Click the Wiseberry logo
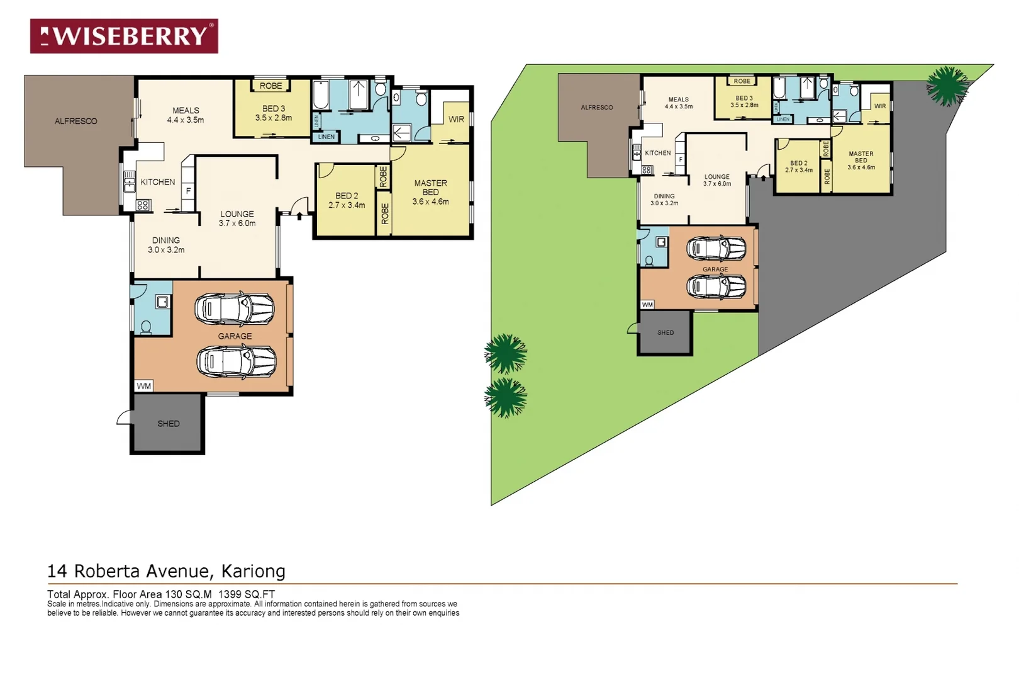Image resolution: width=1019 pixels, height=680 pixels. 124,36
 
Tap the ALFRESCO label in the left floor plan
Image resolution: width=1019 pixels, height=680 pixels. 75,121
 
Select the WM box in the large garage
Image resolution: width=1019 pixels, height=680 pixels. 143,386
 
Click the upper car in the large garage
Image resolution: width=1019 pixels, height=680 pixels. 235,309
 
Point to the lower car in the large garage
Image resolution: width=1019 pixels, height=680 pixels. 237,361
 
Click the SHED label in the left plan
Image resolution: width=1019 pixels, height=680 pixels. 168,424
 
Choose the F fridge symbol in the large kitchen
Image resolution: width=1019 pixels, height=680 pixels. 188,191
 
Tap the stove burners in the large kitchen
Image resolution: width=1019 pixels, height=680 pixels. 143,205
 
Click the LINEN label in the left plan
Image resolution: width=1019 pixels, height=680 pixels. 326,137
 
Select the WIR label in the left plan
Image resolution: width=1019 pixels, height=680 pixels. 456,119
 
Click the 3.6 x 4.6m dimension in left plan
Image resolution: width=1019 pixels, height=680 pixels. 430,201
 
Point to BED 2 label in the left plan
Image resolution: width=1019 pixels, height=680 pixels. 347,196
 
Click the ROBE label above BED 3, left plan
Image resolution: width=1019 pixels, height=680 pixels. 271,86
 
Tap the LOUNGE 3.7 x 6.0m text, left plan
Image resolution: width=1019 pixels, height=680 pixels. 237,218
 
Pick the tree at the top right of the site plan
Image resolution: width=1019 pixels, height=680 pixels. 947,86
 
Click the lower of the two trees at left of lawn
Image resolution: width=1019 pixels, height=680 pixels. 506,397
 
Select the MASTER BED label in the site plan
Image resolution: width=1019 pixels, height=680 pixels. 860,157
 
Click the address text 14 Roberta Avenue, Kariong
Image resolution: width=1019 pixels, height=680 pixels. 166,571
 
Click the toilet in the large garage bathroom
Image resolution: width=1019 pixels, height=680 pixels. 146,327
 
